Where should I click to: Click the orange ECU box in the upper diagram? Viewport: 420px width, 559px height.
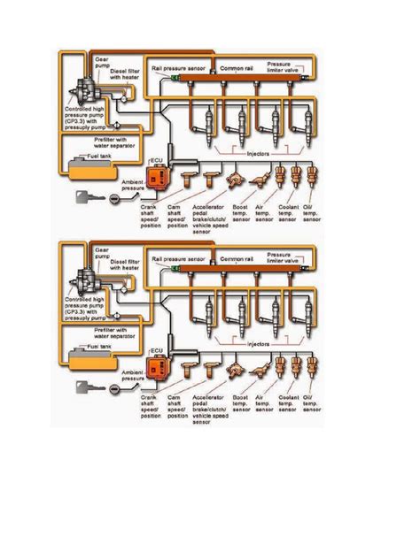tap(159, 176)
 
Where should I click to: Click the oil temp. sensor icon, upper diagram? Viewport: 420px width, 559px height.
tap(312, 176)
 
